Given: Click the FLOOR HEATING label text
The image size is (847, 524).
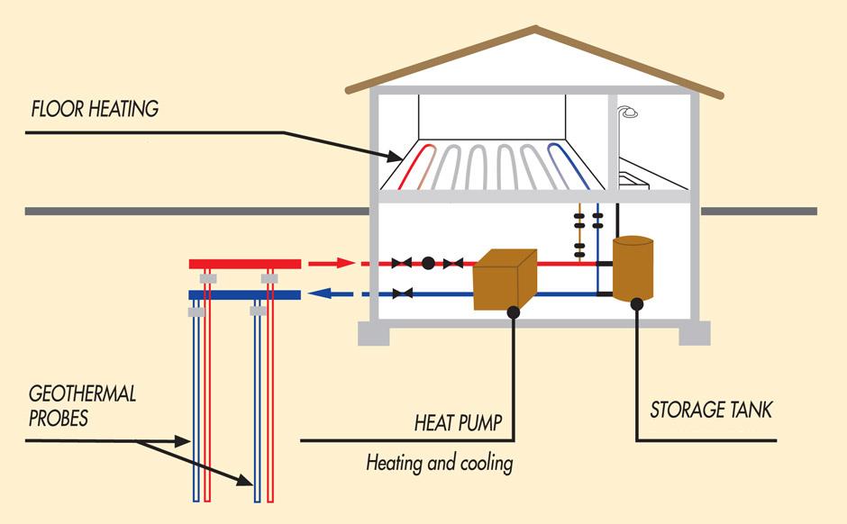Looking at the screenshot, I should (x=95, y=110).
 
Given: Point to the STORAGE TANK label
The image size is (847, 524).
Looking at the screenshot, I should (x=712, y=411).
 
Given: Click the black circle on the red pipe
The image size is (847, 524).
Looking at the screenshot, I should (x=429, y=263).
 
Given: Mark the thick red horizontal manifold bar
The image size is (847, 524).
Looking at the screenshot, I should (x=244, y=263).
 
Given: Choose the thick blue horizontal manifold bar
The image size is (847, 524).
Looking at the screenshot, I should (x=244, y=294).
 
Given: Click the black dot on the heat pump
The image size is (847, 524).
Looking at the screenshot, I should (x=513, y=312).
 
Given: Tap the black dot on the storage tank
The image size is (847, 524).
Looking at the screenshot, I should (x=636, y=304).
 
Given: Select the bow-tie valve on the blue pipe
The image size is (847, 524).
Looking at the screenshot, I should (x=403, y=293).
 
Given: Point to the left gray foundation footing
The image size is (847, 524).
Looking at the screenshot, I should (x=373, y=333).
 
